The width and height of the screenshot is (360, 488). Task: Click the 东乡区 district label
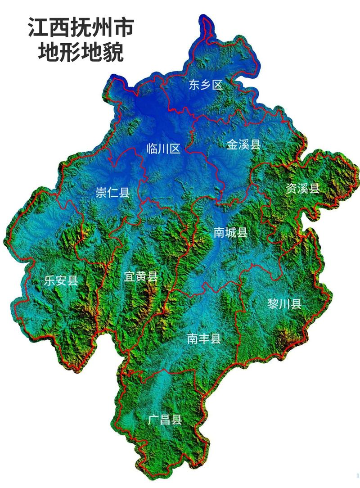coord(206,85)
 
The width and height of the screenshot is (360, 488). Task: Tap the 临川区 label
coord(163,148)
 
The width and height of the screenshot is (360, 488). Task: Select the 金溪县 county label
coord(243,145)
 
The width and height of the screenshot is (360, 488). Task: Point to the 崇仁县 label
coord(112,193)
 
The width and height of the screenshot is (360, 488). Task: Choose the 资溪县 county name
coord(302,188)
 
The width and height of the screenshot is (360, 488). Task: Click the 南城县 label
coord(230,232)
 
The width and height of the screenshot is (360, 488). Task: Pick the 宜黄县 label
coord(141,276)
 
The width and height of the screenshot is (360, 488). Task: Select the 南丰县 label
coord(204,338)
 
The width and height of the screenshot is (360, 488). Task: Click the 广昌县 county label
coord(165,420)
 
